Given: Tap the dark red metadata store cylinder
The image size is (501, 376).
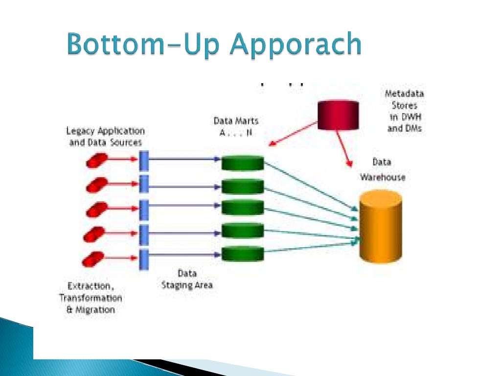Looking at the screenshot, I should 338,115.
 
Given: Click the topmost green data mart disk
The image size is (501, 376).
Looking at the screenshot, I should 243,163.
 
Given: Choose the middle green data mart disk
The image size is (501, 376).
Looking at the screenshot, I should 243,207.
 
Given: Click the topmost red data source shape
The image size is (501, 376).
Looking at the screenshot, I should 96,160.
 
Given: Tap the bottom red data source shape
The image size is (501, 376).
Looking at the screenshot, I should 93,258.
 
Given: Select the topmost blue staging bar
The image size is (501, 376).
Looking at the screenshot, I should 144,161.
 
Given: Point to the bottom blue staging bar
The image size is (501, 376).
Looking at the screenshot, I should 144,259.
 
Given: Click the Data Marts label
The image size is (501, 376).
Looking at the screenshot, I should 236,120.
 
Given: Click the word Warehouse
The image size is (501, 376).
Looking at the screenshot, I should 383,177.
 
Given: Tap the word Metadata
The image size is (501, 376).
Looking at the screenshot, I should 404,94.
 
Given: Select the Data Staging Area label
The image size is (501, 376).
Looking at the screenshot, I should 187,280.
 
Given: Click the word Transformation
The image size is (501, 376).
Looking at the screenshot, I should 91,298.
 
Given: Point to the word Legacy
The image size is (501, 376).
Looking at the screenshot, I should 81,131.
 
